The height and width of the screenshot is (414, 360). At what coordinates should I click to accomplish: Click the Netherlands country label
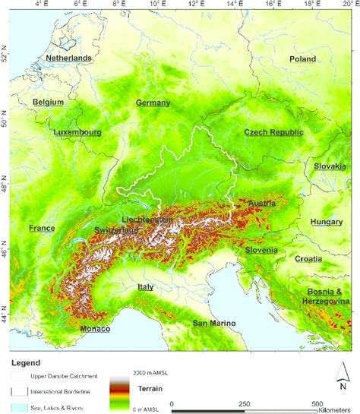68,58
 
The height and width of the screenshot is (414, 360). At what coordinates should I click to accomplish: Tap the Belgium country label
49,101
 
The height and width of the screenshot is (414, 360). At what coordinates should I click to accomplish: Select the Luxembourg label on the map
77,131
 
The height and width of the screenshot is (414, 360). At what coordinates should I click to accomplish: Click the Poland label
302,58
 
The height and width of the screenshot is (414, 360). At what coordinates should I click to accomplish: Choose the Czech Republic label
273,132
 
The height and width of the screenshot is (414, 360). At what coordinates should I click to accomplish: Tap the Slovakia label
330,166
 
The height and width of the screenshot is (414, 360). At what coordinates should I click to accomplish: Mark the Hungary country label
327,222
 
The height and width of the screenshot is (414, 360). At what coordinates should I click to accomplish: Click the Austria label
261,204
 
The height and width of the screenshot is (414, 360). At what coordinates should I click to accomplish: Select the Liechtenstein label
147,220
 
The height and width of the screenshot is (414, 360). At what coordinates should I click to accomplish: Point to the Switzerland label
117,229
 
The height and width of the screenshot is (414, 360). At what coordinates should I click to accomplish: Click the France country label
42,228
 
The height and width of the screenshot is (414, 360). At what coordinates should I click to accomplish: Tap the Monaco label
95,329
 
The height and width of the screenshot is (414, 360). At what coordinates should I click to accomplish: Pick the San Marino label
213,324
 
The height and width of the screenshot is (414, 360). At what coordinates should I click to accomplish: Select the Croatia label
308,259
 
